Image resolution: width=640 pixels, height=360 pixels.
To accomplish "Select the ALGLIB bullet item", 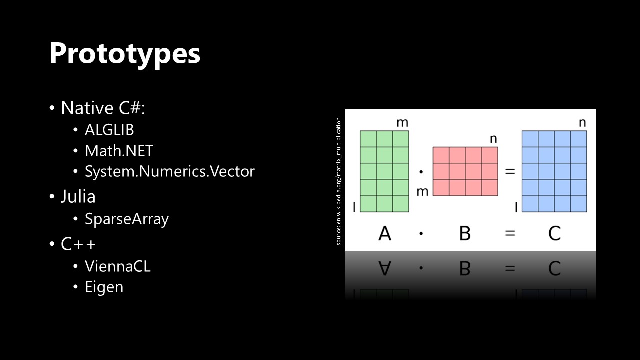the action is (109, 130).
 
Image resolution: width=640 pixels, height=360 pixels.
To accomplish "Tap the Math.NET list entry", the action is (119, 151).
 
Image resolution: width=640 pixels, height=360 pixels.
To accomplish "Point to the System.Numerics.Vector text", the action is (169, 171).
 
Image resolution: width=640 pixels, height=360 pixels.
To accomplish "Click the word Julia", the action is (78, 196).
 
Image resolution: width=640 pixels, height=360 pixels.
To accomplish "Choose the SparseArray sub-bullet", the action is (127, 219).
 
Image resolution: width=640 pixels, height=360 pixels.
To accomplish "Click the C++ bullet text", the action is (78, 244).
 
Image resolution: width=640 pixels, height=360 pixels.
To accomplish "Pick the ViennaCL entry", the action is (117, 266).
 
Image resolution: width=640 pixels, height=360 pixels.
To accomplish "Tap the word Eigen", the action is (104, 287).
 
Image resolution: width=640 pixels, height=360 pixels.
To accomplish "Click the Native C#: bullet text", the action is (103, 108).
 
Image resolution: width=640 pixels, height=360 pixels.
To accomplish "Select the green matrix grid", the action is (384, 171).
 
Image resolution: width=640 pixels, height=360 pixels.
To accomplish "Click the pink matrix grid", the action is (465, 171).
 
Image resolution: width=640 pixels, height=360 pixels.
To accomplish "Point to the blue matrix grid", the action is (554, 171).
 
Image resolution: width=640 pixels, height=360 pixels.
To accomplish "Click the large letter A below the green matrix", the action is (385, 233).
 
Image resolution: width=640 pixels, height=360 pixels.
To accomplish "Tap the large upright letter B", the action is (465, 233).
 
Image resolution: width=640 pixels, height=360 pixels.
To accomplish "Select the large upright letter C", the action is (555, 233).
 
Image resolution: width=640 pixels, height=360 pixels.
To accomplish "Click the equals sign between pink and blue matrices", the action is (510, 171).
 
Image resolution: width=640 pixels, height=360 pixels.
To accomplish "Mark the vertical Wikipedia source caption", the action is (338, 181).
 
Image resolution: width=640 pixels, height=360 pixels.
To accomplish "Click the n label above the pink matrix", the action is (493, 139).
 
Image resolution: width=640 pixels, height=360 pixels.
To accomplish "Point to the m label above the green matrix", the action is (402, 123).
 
